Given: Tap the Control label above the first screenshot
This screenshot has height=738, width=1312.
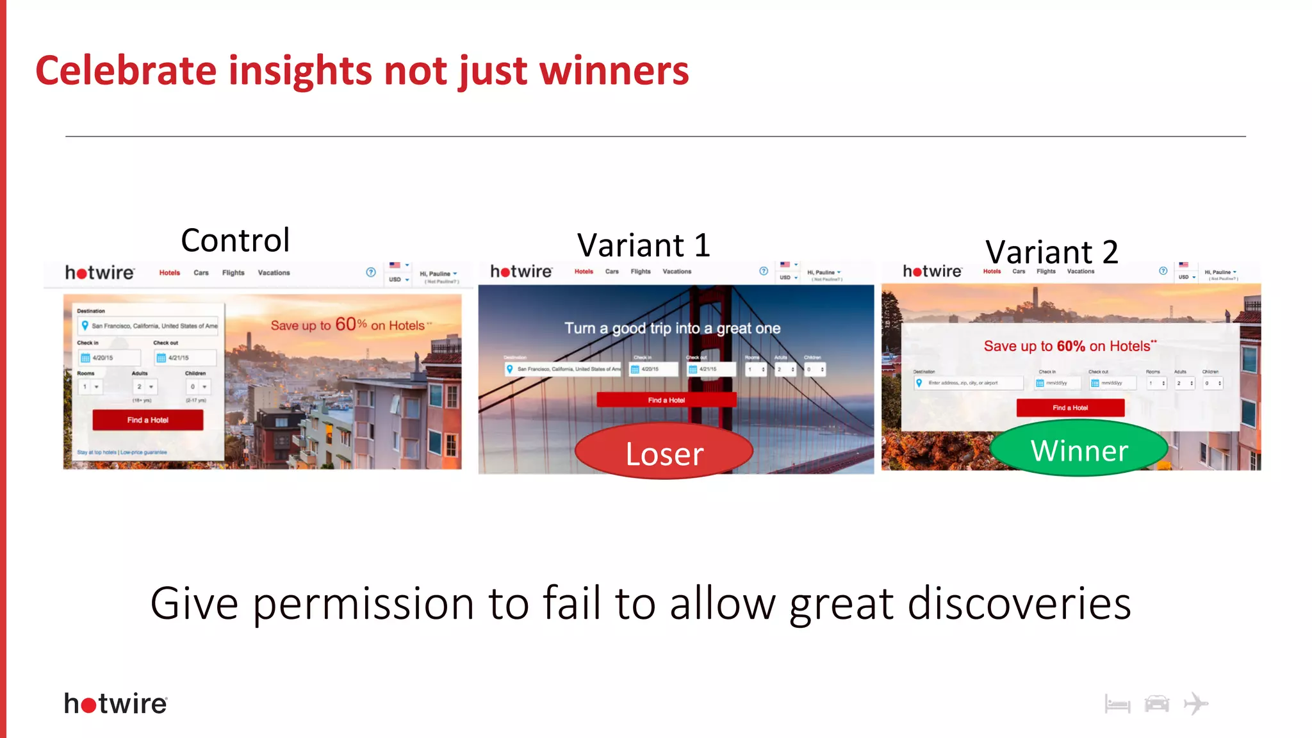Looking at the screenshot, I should click(235, 240).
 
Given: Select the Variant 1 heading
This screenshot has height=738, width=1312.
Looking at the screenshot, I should click(643, 245).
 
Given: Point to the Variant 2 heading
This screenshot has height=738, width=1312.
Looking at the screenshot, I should click(1051, 252).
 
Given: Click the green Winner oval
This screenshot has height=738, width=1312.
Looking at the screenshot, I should click(1079, 450).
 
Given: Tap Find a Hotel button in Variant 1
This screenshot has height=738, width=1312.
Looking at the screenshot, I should click(666, 400).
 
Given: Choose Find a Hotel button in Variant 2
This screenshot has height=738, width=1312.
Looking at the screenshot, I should click(1070, 407).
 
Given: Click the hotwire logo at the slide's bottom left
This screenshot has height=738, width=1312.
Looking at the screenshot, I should click(116, 703).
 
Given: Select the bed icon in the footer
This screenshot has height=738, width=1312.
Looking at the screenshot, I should click(1117, 704).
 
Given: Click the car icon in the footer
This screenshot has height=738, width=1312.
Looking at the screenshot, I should click(1156, 703).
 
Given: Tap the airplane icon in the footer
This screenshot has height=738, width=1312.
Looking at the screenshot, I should click(1195, 703).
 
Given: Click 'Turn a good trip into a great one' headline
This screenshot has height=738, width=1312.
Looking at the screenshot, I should click(672, 328).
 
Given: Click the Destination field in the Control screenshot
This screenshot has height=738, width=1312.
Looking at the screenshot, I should click(149, 325).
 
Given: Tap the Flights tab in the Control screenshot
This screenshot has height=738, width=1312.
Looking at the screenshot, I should click(233, 273).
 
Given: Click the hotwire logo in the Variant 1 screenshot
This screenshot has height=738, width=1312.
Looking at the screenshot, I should click(521, 272).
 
